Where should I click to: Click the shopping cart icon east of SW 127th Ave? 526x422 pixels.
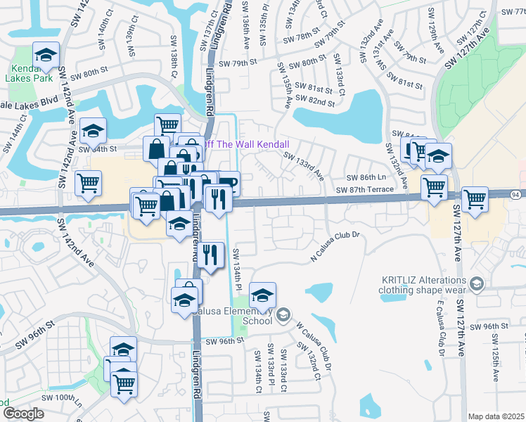475,199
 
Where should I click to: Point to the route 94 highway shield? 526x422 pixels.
515,193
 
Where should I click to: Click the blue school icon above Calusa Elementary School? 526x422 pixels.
262,295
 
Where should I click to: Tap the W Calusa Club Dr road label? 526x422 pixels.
314,347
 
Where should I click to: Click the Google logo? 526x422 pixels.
24,413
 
